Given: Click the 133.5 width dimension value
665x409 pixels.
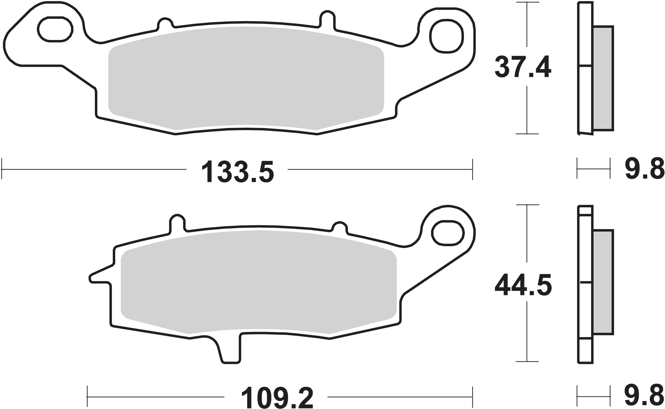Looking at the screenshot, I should click(x=237, y=172).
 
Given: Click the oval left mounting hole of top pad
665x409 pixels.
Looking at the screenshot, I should click(x=55, y=29).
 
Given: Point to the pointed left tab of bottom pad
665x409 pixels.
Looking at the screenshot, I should click(x=98, y=277).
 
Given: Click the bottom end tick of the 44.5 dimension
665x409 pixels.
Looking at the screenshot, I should click(x=527, y=370).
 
